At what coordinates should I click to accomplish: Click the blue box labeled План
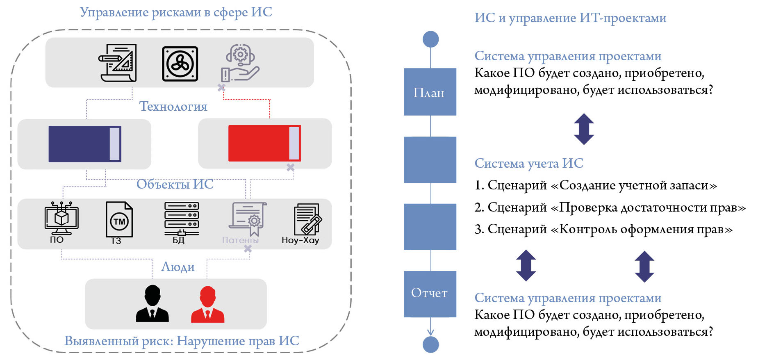(x=430, y=91)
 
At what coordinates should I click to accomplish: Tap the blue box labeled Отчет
(x=430, y=294)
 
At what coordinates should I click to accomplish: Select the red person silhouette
(x=207, y=304)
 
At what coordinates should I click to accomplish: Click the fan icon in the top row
(x=180, y=64)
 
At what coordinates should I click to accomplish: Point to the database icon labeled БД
(x=181, y=219)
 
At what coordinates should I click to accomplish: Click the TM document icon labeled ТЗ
(x=119, y=220)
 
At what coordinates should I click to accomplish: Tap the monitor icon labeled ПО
(x=61, y=219)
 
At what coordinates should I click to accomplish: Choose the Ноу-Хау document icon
(x=307, y=219)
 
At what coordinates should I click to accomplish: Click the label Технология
(x=173, y=107)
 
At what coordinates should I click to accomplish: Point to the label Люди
(x=178, y=267)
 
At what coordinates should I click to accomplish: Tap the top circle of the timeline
(x=430, y=39)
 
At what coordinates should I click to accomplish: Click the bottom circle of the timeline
(x=430, y=344)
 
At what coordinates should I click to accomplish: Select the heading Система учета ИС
(x=528, y=163)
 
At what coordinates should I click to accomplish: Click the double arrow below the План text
(x=584, y=129)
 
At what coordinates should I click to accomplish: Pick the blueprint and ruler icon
(x=118, y=63)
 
